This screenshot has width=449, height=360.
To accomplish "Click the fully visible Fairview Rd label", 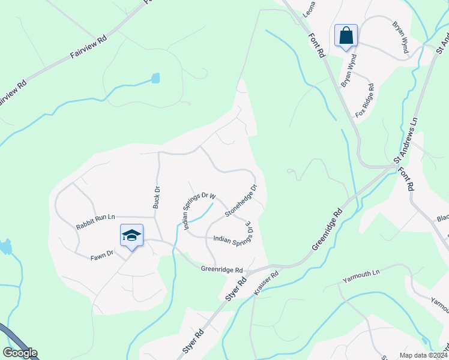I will tap(88, 46).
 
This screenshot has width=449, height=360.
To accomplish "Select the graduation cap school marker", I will tap(131, 235).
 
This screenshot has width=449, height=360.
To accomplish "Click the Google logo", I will tap(20, 353).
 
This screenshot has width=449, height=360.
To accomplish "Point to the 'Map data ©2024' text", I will tap(423, 355).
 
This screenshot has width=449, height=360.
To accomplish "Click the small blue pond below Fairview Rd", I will tap(156, 78).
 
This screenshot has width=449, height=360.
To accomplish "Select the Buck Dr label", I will tap(156, 197).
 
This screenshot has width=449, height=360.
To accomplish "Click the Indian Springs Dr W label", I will tap(199, 212).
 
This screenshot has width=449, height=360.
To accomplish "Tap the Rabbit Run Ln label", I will tap(95, 222).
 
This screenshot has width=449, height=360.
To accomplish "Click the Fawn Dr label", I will tap(102, 254).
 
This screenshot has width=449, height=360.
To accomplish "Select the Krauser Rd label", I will tap(267, 283).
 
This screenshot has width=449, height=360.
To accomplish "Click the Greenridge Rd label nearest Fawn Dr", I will tap(221, 270).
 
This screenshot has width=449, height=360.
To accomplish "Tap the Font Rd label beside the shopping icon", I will tap(316, 44).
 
